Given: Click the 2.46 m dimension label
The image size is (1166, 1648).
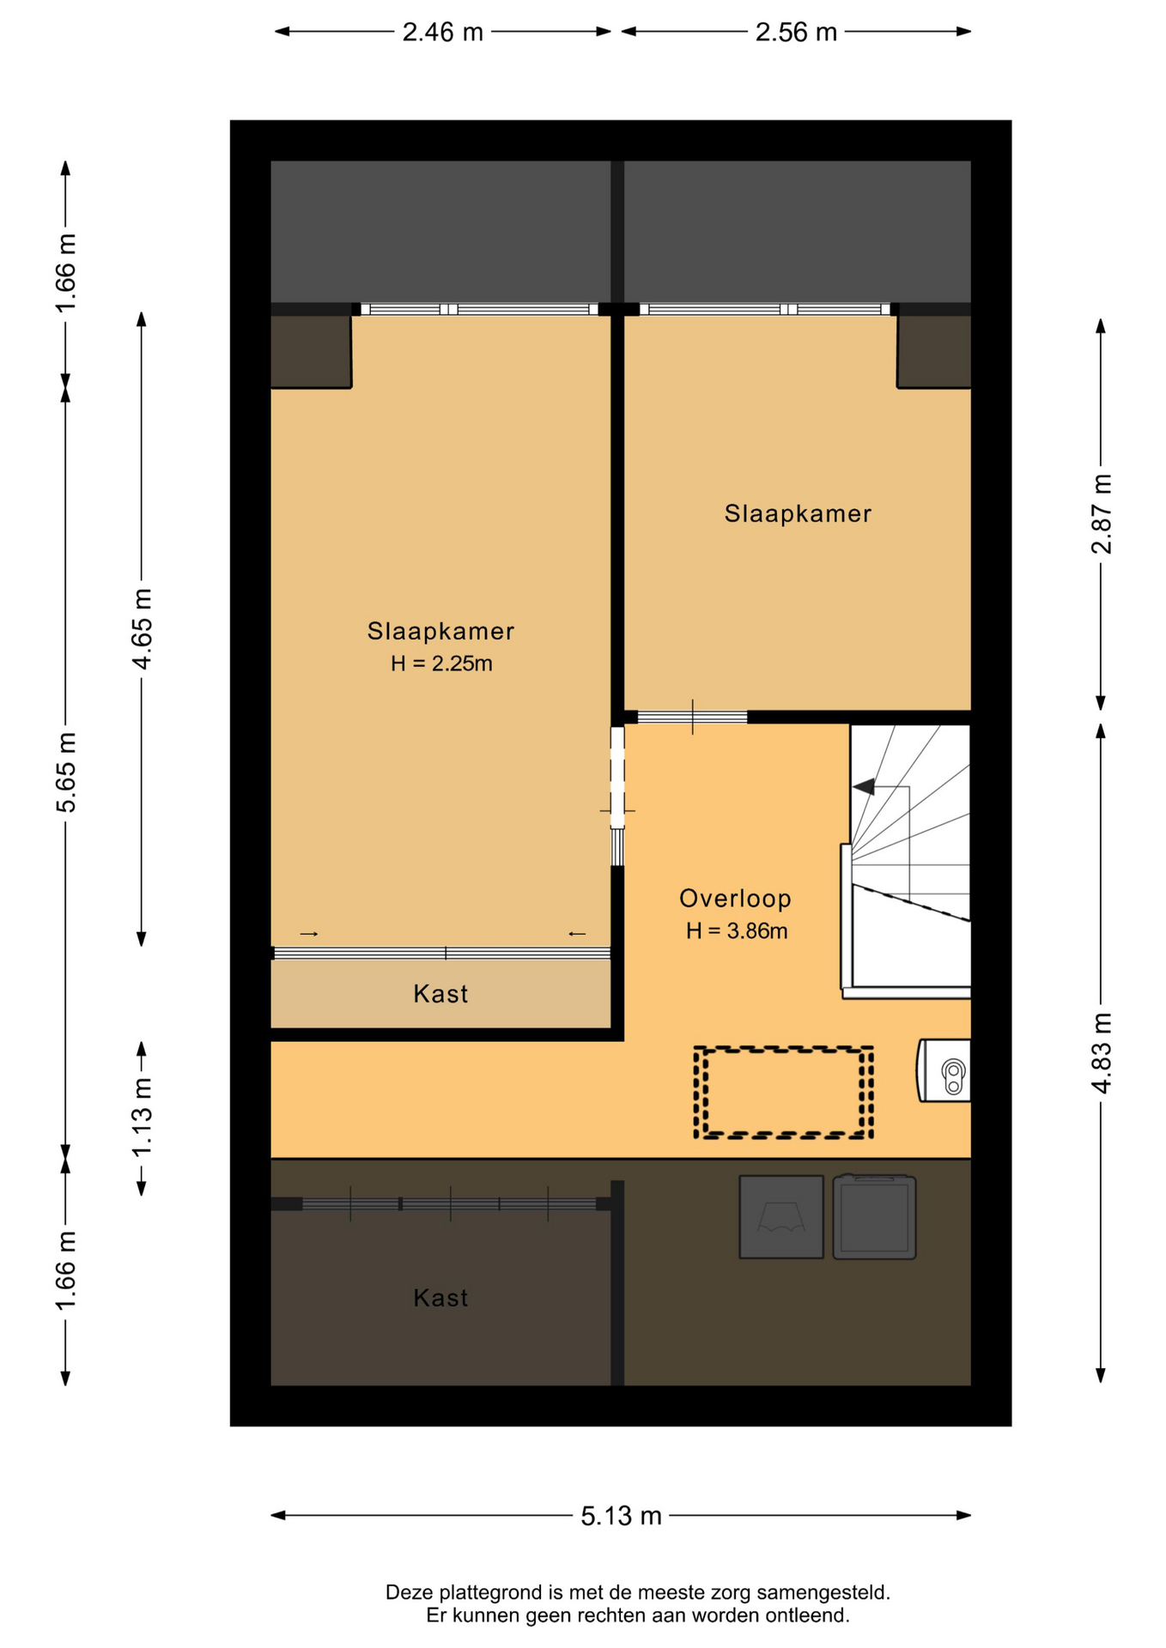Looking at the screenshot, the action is click(x=443, y=33).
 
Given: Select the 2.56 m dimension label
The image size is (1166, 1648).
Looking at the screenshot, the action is click(x=796, y=33).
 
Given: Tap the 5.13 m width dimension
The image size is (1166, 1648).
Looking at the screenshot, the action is click(x=621, y=1516).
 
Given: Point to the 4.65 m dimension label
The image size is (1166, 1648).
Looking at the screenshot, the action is click(x=142, y=629).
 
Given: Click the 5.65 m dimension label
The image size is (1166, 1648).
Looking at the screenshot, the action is click(x=66, y=772).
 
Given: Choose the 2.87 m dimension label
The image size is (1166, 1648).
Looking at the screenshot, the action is click(x=1101, y=514).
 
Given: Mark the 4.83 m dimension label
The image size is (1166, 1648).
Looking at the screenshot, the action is click(x=1101, y=1053).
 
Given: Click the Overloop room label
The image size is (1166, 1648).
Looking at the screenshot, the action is click(x=735, y=899).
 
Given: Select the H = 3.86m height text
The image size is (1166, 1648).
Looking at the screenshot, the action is click(x=737, y=931).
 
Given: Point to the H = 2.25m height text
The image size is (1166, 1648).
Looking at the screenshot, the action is click(x=441, y=663).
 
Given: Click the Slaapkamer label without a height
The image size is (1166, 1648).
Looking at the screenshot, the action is click(x=798, y=513).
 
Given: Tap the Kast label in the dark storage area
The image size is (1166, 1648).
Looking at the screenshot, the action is click(x=440, y=1298).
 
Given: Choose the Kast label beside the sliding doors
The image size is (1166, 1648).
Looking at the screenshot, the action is click(x=440, y=994).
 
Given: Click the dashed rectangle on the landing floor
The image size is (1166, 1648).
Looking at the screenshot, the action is click(x=783, y=1048).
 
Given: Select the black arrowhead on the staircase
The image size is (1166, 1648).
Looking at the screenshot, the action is click(x=864, y=786).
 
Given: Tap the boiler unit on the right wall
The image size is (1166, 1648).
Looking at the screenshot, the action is click(x=944, y=1070).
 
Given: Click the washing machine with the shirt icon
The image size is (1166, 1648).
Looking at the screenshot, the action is click(x=781, y=1217).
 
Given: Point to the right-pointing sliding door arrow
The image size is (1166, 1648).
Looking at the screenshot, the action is click(x=309, y=934).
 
